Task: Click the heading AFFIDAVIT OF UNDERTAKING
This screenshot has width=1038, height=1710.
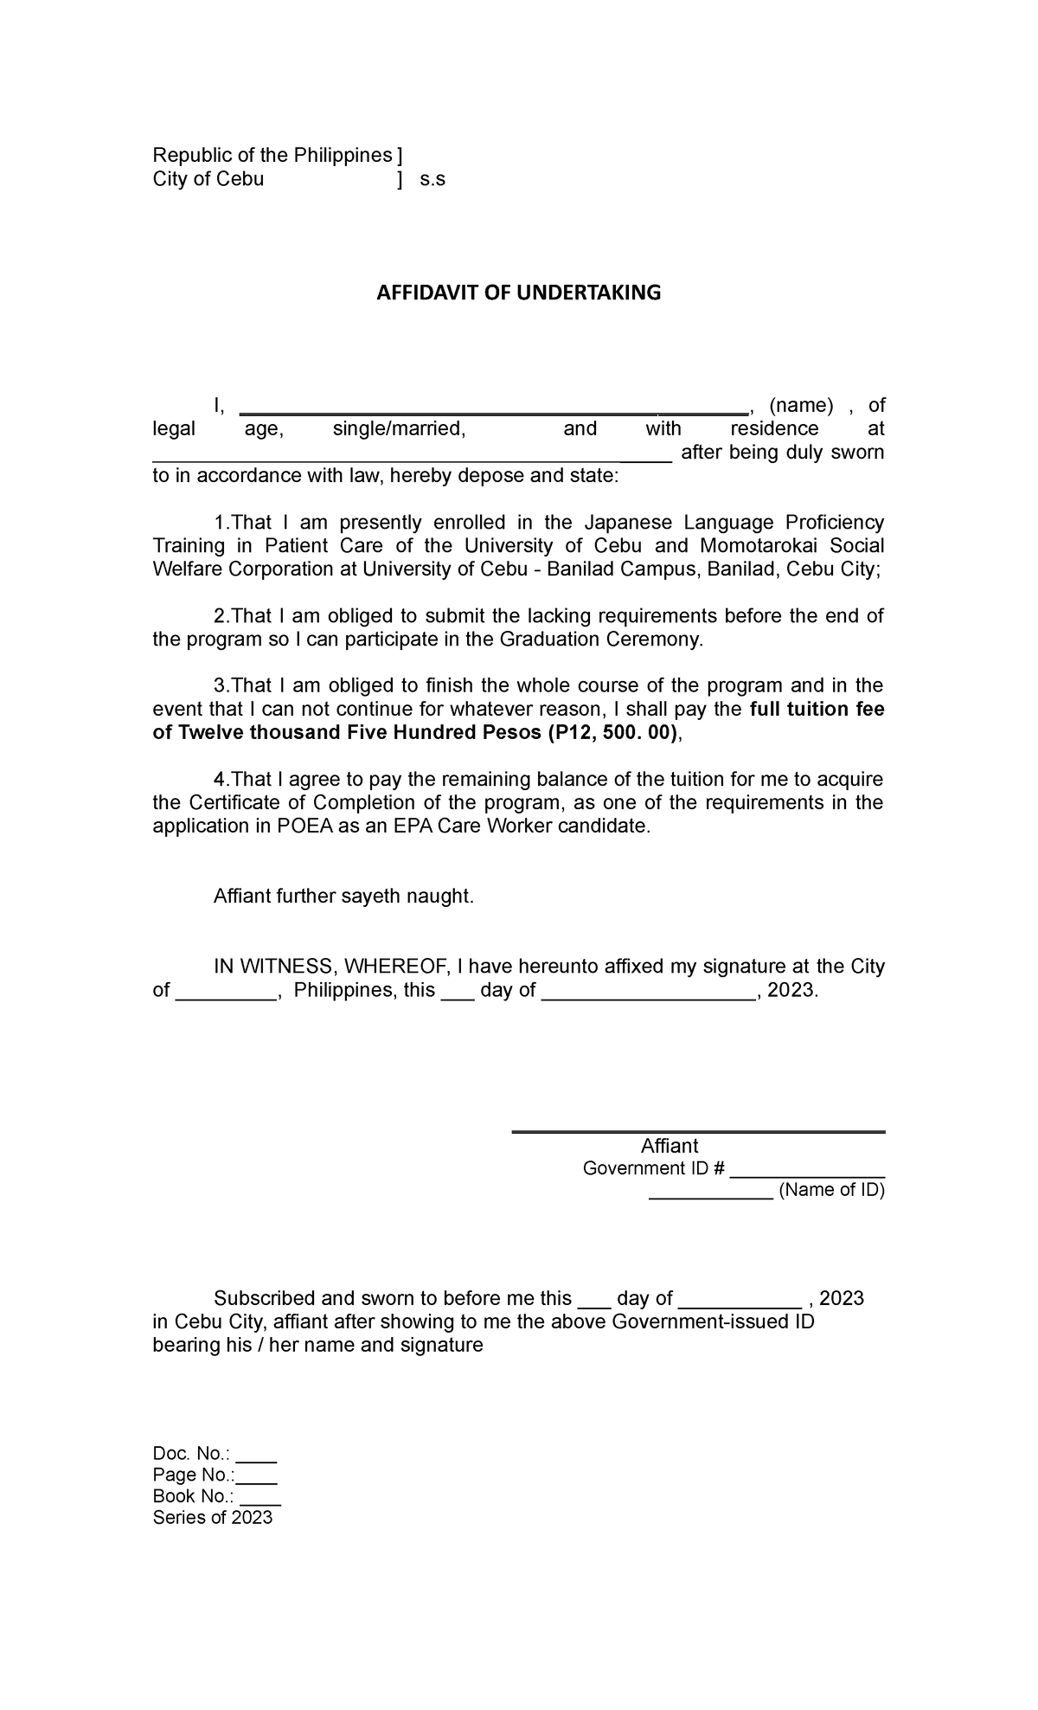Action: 517,292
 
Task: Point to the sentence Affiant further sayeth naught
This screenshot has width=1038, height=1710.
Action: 343,897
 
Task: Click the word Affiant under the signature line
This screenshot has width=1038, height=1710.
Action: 669,1146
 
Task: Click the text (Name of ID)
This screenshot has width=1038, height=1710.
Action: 831,1190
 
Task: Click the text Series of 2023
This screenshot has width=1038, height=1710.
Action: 212,1518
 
